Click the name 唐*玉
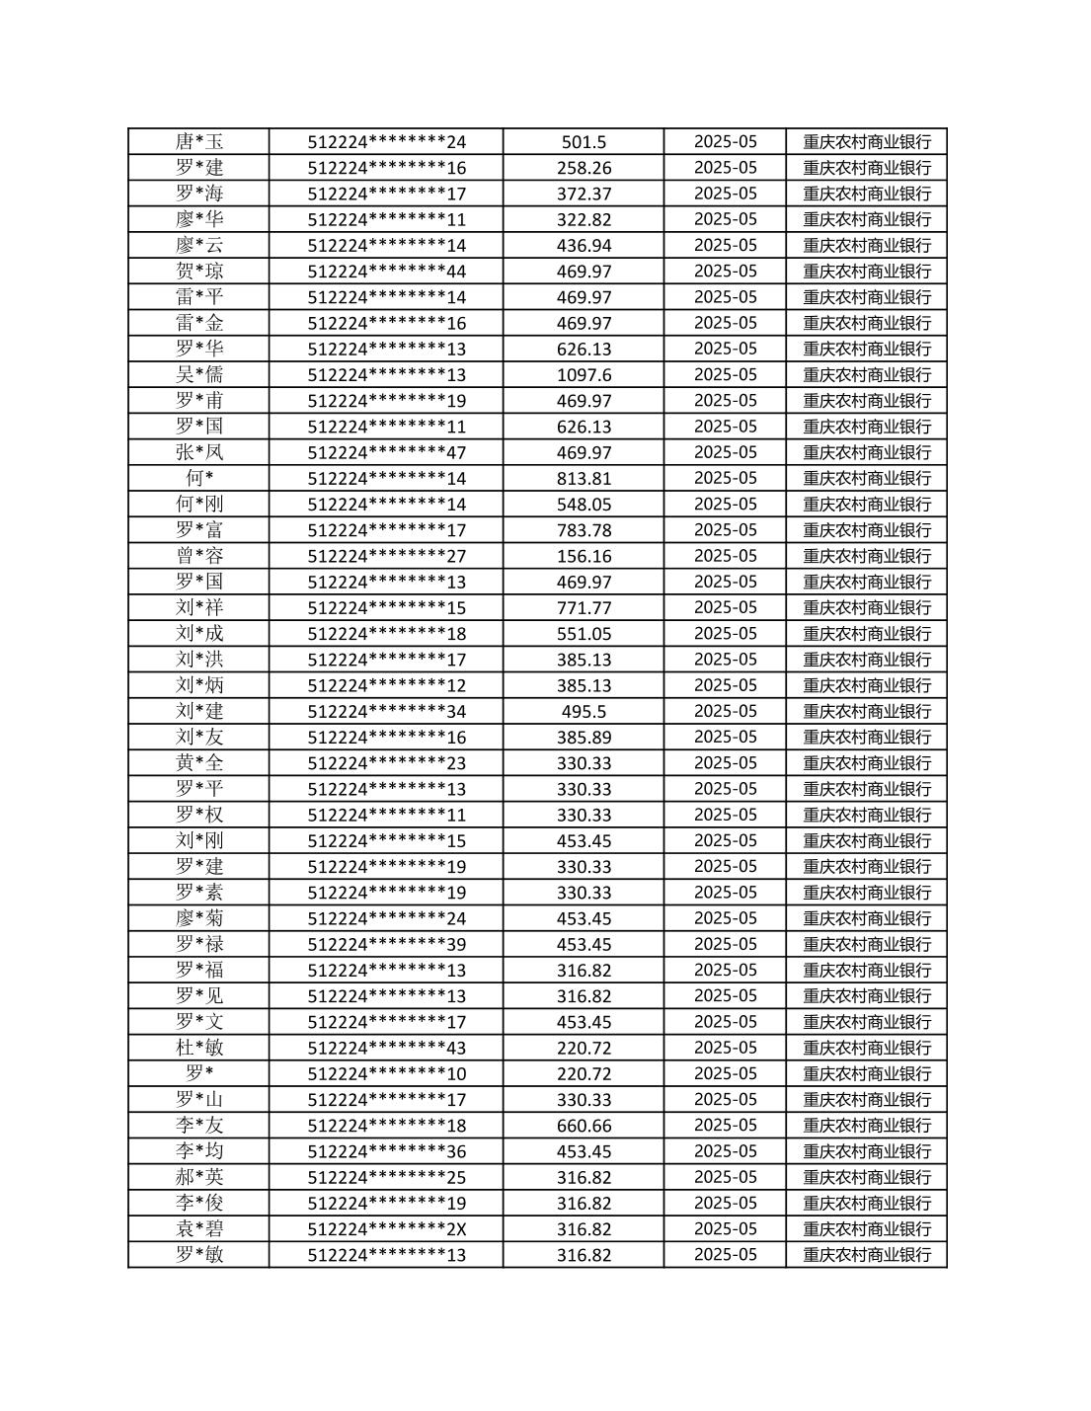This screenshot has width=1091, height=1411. coord(199,141)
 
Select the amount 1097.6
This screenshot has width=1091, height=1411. coord(584,375)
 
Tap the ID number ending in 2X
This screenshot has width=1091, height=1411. coord(386,1229)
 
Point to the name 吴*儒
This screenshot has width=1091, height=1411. coord(199,374)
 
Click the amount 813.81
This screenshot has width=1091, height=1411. coord(584,479)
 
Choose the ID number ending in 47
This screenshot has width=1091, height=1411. coord(386,453)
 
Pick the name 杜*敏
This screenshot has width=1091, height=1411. coord(199,1048)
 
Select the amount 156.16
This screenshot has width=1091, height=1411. coord(584,556)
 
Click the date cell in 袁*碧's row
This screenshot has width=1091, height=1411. coord(725,1228)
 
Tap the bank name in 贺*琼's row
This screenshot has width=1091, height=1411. coord(866,272)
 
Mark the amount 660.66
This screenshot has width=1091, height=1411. coord(584,1126)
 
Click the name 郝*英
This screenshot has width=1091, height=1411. coord(199,1177)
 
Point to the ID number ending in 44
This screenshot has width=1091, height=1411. coord(386,272)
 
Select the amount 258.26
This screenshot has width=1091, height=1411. coord(584,168)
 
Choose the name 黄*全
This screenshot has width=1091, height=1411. coord(199,762)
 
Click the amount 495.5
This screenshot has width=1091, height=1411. coord(584,712)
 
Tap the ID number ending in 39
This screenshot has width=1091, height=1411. coord(386,945)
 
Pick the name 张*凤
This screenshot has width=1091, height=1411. coord(199,452)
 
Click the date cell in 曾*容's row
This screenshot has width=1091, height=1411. coord(725,556)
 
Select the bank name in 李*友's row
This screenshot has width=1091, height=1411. coord(866,1126)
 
